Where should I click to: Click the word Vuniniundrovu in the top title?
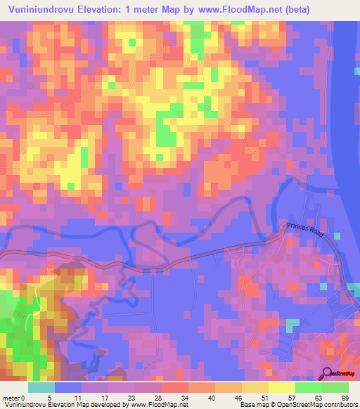click(x=41, y=10)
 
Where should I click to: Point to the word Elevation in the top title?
click(x=105, y=10)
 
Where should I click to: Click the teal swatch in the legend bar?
click(x=41, y=387)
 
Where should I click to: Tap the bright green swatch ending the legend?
click(x=335, y=387)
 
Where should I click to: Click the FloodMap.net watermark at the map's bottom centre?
click(x=180, y=377)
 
